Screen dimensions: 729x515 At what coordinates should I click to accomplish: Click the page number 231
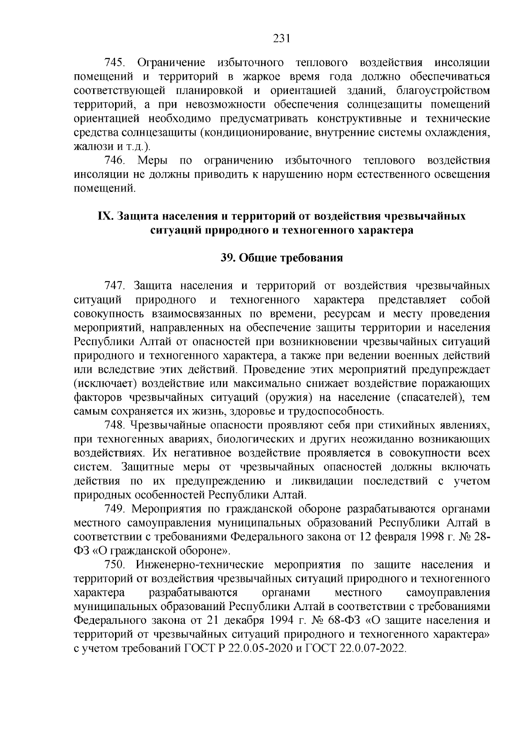click(282, 39)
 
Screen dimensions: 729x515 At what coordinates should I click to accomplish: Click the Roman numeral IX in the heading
click(106, 216)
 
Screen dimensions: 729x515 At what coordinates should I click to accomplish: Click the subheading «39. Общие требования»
click(282, 258)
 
